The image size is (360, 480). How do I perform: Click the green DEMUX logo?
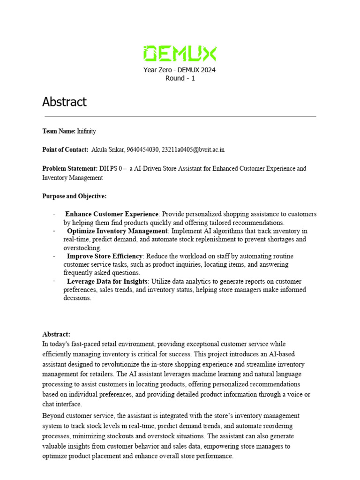[x=180, y=54]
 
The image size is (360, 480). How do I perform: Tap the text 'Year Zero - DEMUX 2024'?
[x=180, y=70]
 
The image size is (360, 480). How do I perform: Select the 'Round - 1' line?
[x=180, y=78]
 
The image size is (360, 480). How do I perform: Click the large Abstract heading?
[x=64, y=102]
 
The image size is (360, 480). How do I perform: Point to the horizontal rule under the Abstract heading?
[x=180, y=116]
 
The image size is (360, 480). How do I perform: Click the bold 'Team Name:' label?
[x=59, y=131]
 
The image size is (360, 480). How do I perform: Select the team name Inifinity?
[x=86, y=131]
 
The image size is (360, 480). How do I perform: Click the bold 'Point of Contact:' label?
[x=65, y=150]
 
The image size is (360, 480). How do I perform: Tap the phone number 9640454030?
[x=142, y=150]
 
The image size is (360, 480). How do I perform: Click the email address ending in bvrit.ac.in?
[x=193, y=150]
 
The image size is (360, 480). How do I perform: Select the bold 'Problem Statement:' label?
[x=69, y=168]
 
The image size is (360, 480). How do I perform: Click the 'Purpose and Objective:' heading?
[x=74, y=196]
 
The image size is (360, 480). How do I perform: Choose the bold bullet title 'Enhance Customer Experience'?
[x=112, y=214]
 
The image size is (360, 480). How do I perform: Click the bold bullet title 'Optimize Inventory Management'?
[x=117, y=231]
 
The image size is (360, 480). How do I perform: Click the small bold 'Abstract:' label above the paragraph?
[x=56, y=334]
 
